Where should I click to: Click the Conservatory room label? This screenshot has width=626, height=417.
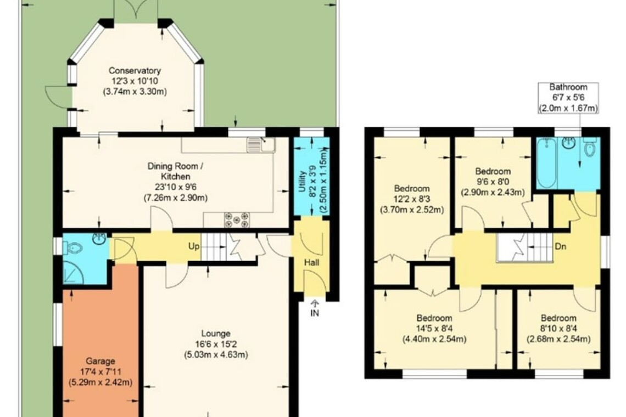(x=135, y=71)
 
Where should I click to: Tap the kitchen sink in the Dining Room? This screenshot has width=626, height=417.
(x=261, y=144)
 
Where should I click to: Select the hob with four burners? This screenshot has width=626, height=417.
(x=237, y=220)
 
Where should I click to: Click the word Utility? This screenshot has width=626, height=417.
(x=302, y=181)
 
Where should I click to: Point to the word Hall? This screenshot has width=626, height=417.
(x=312, y=263)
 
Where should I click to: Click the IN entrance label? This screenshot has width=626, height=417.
(x=315, y=313)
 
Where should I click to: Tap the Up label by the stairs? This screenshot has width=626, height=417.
(x=194, y=246)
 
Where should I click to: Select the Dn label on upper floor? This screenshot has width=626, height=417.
(x=561, y=246)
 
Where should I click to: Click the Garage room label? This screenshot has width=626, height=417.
(x=100, y=361)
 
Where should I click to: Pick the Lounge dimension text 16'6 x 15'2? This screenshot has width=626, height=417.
(x=216, y=344)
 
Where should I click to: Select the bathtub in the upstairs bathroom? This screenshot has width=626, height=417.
(x=546, y=163)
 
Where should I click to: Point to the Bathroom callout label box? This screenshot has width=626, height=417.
(x=568, y=98)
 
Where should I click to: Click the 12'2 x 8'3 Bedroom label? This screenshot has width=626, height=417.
(x=412, y=199)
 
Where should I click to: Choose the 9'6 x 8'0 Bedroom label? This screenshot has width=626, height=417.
(x=493, y=182)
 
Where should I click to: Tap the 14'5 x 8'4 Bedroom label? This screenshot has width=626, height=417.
(x=434, y=329)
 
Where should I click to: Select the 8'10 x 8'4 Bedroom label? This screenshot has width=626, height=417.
(x=558, y=329)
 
